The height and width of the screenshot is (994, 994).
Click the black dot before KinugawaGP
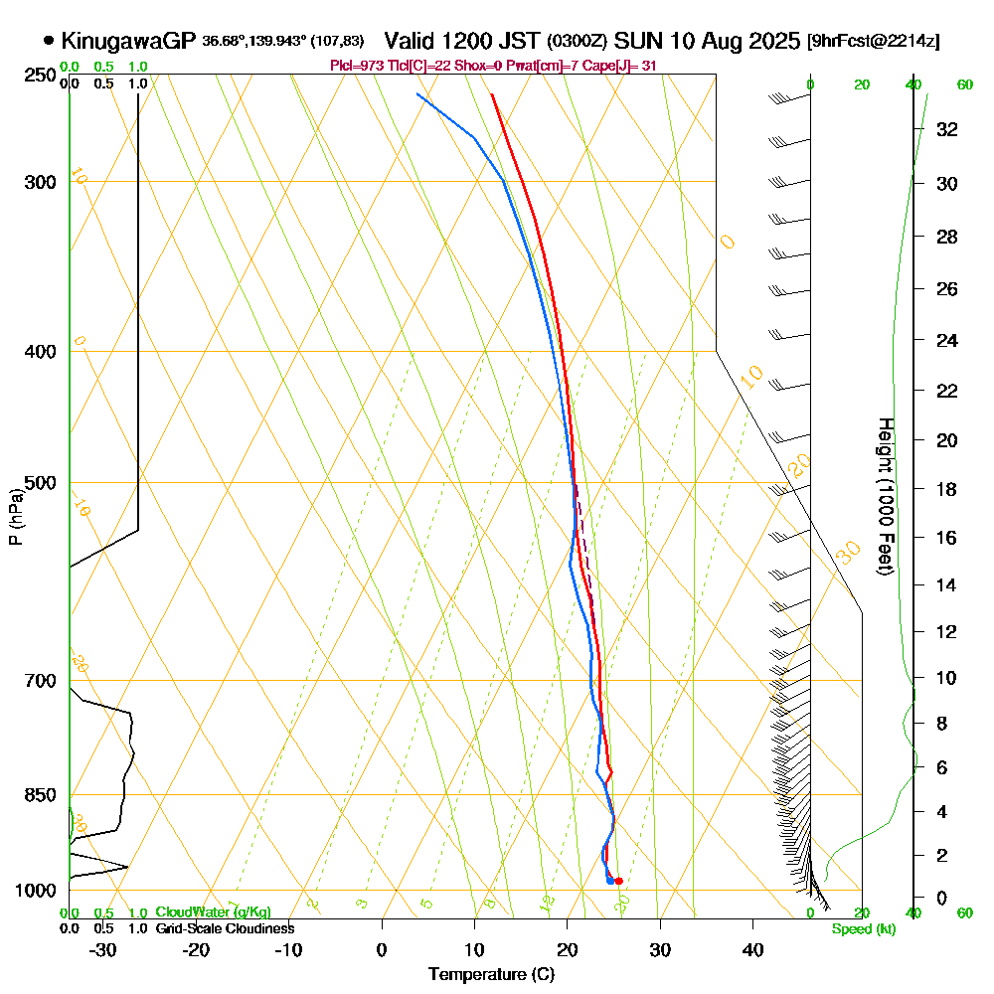tap(49, 41)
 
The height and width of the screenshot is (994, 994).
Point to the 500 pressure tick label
tap(36, 483)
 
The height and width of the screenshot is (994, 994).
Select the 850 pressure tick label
tap(36, 795)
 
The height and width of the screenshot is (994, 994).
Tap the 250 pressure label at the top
tap(36, 75)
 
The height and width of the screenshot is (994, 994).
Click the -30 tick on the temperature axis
tap(102, 949)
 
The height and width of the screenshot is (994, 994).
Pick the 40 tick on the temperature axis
tap(752, 949)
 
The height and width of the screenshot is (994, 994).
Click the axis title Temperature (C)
tap(491, 975)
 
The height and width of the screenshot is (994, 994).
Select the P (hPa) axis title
tap(15, 517)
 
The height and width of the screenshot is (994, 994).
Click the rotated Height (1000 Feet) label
tap(884, 496)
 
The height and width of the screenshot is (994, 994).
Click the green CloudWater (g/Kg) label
tap(213, 912)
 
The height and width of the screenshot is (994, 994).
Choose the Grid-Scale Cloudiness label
tap(225, 928)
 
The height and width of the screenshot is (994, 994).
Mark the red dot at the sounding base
tap(618, 881)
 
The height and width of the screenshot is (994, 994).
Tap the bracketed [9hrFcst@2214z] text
tap(875, 41)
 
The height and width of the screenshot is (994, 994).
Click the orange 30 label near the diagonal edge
tap(848, 554)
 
